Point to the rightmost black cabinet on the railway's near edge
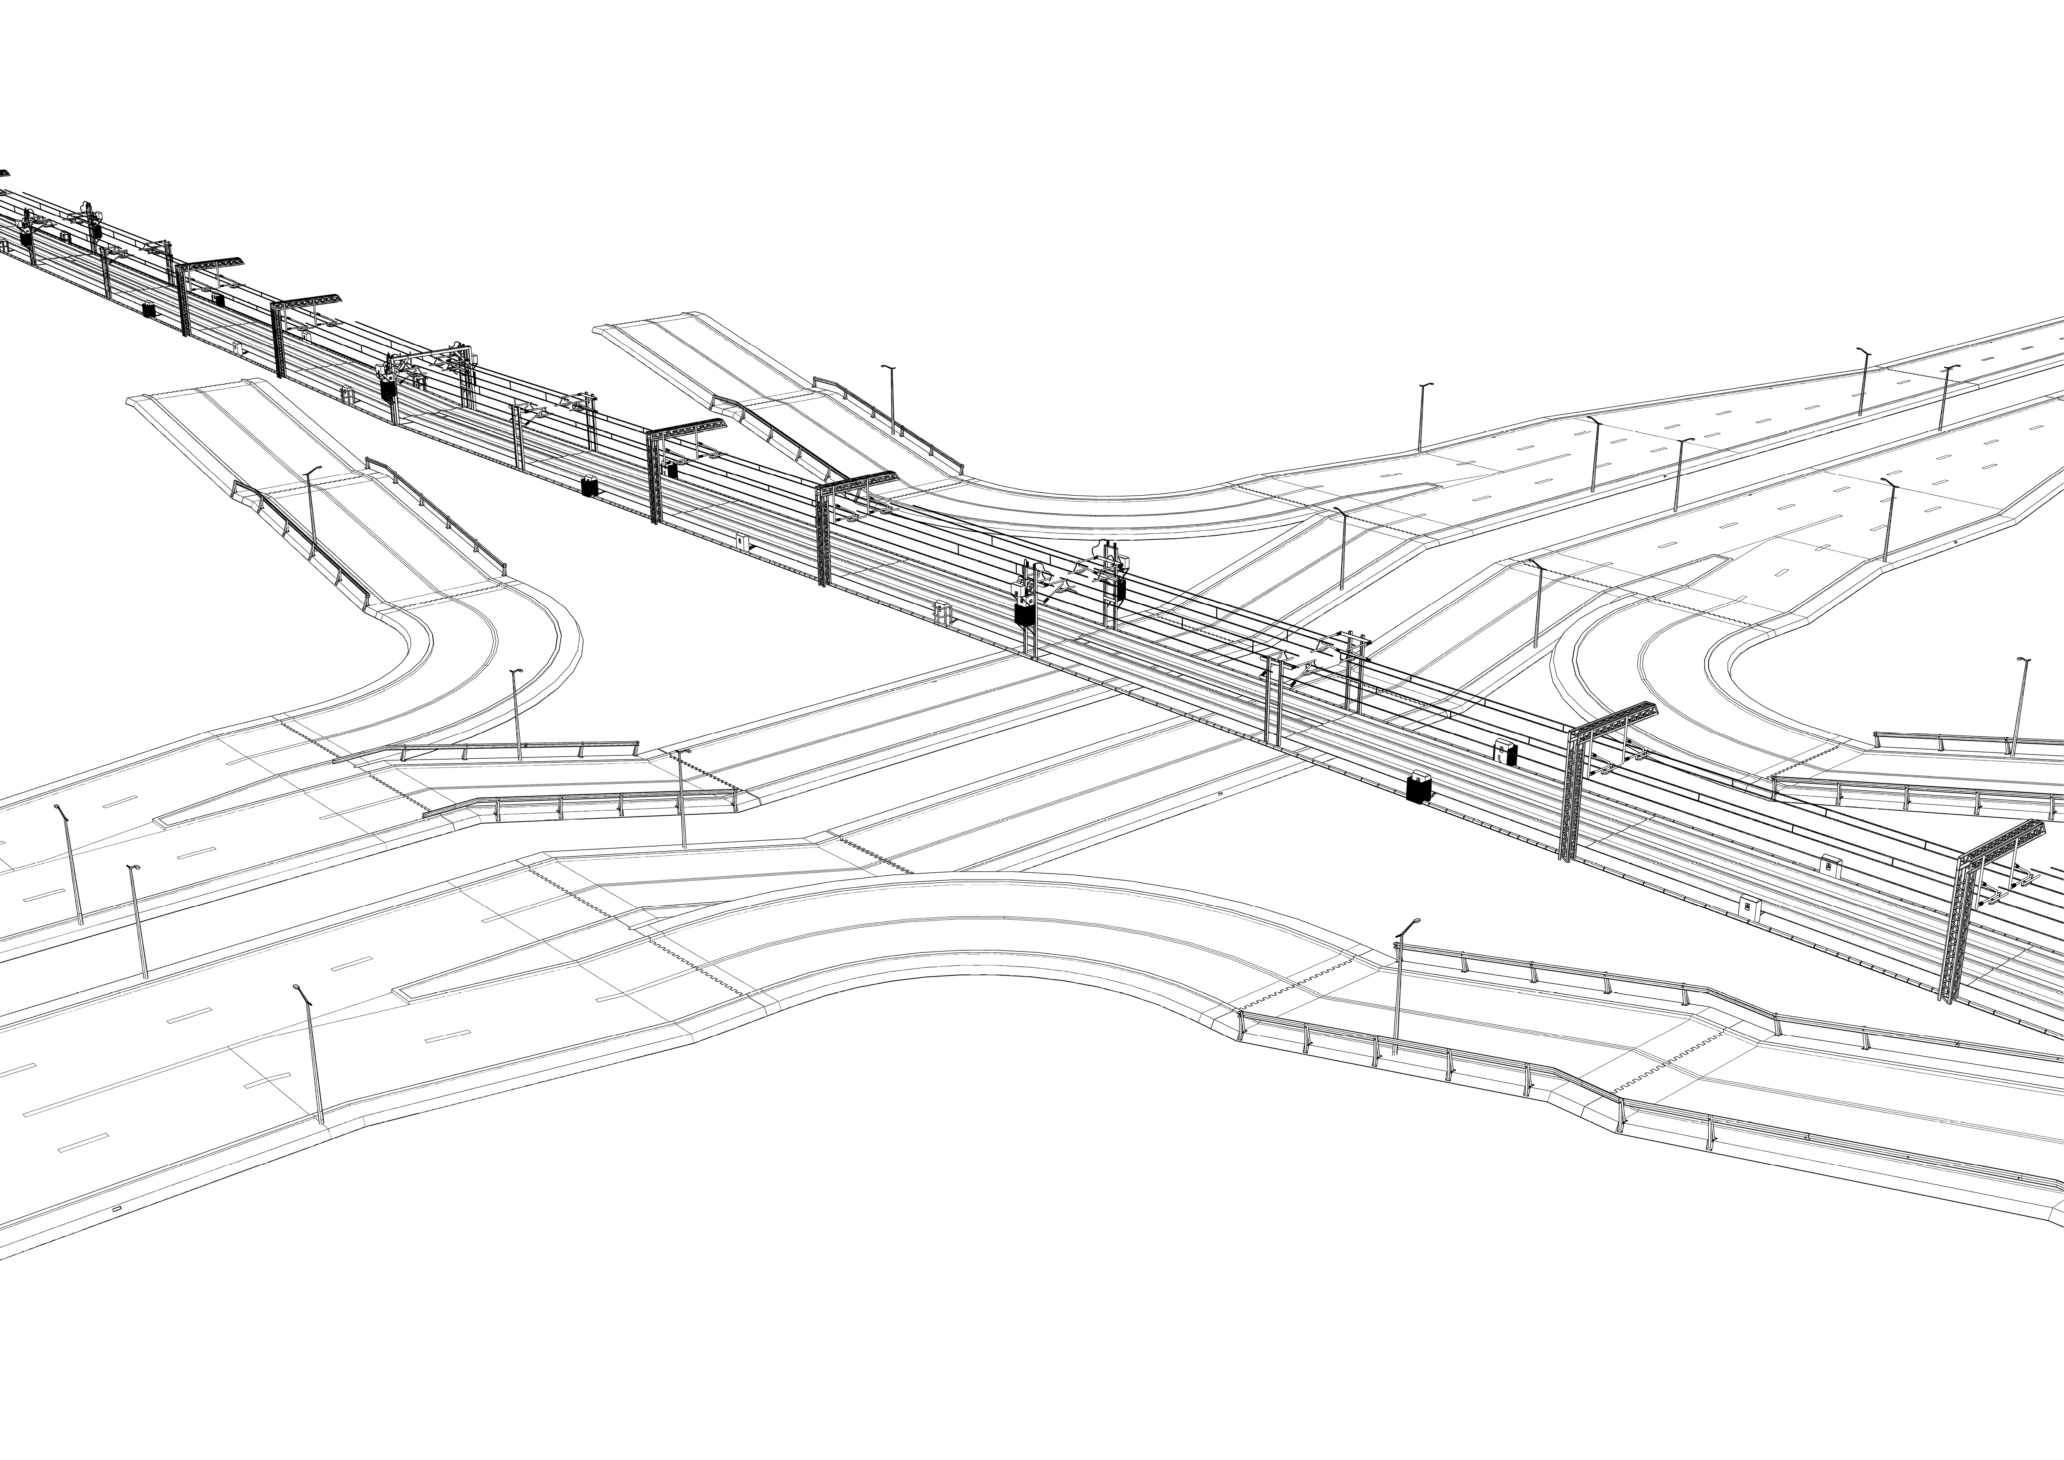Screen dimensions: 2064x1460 point(1419,787)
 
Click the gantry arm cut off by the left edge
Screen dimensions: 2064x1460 point(4,173)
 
